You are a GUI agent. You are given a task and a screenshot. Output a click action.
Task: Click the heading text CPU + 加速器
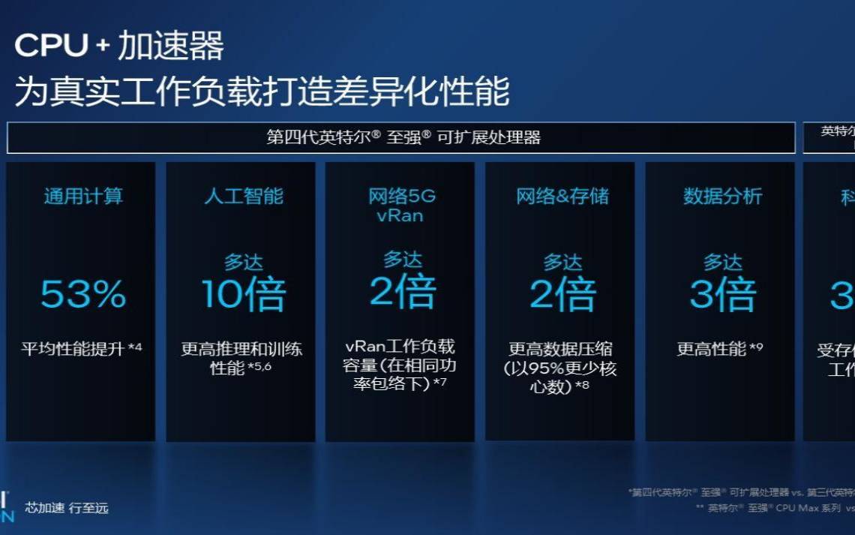point(119,47)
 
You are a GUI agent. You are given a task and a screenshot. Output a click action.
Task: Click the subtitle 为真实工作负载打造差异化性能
point(262,92)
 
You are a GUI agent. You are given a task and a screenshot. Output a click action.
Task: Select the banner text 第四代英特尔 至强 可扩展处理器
point(403,137)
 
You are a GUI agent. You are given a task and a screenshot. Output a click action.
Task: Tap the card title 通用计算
point(82,197)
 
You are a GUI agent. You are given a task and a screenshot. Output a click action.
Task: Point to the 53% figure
point(82,293)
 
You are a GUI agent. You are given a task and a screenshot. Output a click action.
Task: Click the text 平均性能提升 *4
point(81,349)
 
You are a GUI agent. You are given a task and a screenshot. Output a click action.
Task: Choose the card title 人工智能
point(244,197)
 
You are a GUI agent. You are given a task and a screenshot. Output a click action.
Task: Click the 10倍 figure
point(244,293)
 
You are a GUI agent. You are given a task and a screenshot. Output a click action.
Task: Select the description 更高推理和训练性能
point(241,359)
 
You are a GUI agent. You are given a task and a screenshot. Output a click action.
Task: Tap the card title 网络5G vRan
point(402,206)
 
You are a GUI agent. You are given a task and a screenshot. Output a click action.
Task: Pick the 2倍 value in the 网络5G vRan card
point(403,291)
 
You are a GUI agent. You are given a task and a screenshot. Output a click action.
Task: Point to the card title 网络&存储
point(562,197)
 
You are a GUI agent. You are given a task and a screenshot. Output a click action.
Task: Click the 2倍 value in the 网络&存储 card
point(562,293)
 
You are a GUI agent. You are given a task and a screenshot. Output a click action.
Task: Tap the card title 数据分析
point(722,197)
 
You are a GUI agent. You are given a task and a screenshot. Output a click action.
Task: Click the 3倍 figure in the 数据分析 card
point(722,293)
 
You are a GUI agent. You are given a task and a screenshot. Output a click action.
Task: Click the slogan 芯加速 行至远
point(67,508)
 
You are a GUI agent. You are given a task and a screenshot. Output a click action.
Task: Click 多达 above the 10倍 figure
point(244,263)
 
